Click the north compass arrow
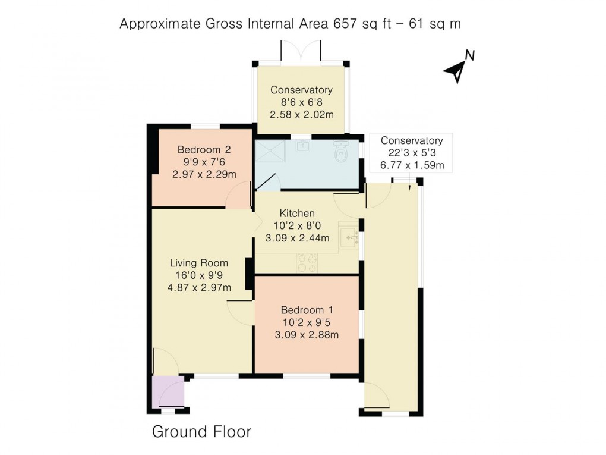point(456,70)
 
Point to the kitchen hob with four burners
point(307,262)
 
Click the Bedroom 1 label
point(307,310)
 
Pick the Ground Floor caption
point(202,432)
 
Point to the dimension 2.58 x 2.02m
point(301,115)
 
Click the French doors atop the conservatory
point(301,52)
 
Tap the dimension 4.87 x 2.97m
point(200,288)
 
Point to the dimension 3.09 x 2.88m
point(307,335)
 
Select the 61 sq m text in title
point(433,24)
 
